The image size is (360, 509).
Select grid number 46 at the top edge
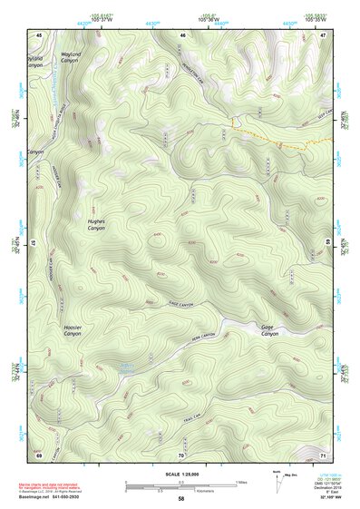[x=182, y=34]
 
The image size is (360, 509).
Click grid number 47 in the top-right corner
[x=322, y=34]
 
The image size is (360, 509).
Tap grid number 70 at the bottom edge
[x=180, y=454]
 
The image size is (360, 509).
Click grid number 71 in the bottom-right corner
[x=322, y=454]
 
